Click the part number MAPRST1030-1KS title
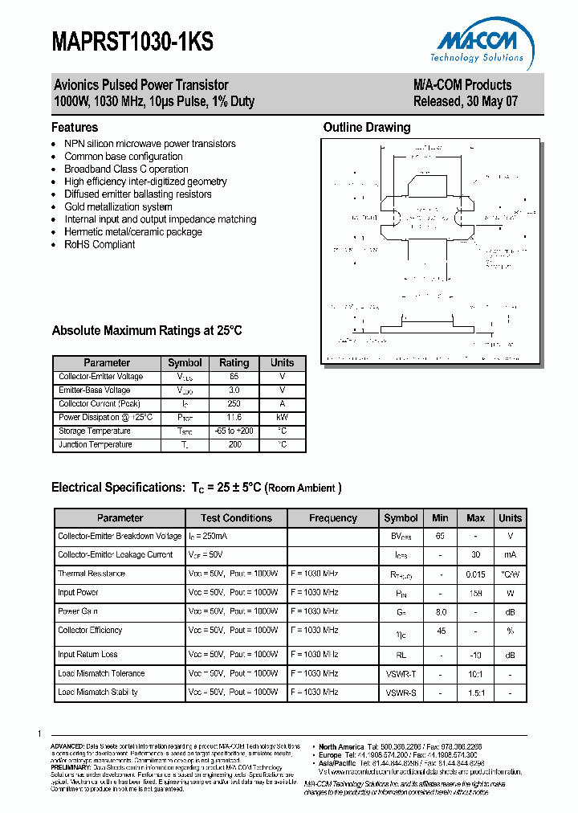click(x=133, y=43)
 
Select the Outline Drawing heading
click(x=366, y=127)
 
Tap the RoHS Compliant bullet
click(x=100, y=244)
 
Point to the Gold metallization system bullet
click(x=118, y=206)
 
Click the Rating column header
click(x=234, y=363)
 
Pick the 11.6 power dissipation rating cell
click(x=234, y=418)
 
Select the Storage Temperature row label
click(x=95, y=431)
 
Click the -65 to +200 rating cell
click(x=234, y=431)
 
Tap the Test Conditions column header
click(x=236, y=518)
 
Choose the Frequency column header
click(x=333, y=518)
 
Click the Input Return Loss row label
click(x=88, y=655)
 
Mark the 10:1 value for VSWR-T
click(x=475, y=673)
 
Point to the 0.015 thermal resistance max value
click(x=475, y=574)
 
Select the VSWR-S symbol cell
click(x=401, y=692)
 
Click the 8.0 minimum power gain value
click(x=440, y=611)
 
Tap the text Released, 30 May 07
click(x=462, y=102)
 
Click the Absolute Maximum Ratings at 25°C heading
click(x=147, y=331)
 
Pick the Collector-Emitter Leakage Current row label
click(x=115, y=554)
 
